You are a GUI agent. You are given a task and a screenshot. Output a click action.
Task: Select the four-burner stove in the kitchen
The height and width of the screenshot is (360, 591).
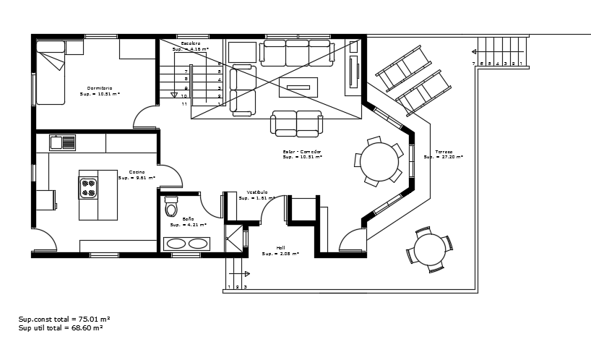(88, 188)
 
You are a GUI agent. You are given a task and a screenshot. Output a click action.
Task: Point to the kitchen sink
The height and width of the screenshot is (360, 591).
(63, 142)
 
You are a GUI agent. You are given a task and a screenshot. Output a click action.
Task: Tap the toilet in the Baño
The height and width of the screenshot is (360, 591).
(171, 207)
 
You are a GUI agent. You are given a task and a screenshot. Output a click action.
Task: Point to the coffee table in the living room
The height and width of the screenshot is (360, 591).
(298, 87)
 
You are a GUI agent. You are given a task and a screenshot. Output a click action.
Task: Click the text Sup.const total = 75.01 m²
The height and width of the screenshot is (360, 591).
(64, 318)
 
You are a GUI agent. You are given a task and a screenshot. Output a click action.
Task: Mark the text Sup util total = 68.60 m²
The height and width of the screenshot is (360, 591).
(61, 327)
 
